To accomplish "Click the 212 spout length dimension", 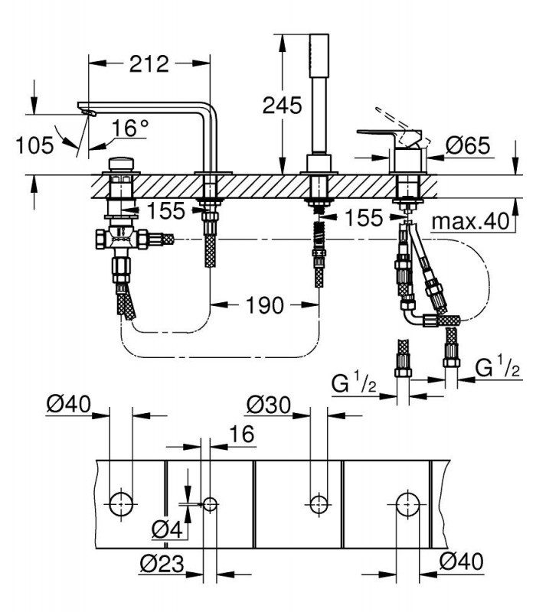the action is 149,63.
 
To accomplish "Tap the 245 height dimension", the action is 282,105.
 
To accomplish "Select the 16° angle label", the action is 130,128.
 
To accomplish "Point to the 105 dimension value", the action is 34,145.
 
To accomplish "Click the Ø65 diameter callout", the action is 468,145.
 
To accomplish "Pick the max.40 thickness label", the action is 471,221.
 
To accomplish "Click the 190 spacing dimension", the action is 264,304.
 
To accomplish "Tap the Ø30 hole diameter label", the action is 269,405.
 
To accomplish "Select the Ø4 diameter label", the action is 167,529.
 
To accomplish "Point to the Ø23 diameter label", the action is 162,564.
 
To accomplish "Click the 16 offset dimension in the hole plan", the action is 241,434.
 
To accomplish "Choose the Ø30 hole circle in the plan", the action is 319,504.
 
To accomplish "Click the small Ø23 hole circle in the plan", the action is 210,504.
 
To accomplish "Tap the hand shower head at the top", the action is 319,55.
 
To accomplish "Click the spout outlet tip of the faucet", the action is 89,112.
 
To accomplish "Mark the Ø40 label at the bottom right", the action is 461,562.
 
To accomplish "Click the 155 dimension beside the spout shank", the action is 165,211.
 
